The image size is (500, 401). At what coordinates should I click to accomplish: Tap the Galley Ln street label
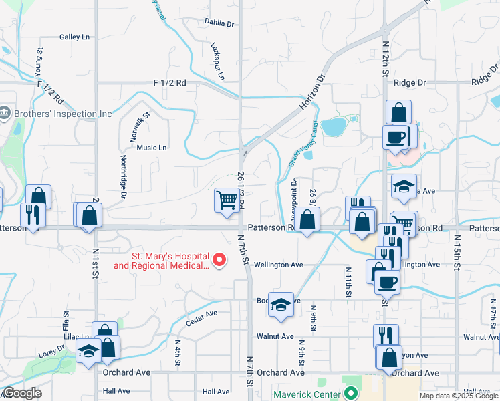[74, 37]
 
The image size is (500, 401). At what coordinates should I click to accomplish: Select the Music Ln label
[152, 148]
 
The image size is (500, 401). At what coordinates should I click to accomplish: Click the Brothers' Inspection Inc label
[64, 114]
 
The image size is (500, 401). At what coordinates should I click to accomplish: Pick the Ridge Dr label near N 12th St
[410, 83]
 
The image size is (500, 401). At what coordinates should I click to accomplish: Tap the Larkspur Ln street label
[217, 63]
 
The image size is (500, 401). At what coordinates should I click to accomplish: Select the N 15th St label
[457, 251]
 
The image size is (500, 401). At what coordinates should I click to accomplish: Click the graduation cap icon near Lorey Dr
[88, 352]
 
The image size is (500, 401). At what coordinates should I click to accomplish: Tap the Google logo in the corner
[22, 394]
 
